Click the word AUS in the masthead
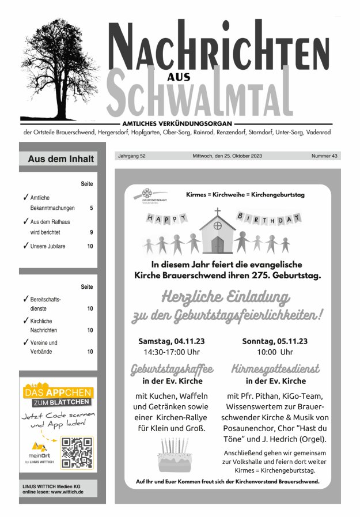tap(179, 76)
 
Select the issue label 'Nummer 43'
tap(324, 156)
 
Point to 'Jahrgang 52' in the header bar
tap(131, 156)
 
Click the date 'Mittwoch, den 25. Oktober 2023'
tap(228, 156)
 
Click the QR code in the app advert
tap(77, 452)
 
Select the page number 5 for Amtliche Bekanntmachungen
tap(92, 207)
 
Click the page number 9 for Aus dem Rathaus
tap(91, 232)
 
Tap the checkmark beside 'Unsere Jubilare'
tap(25, 246)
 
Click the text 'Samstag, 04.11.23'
tap(171, 341)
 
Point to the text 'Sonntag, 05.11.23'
tap(275, 341)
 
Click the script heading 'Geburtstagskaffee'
tap(172, 368)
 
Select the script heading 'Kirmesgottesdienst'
tap(275, 368)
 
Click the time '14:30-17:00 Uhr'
tap(172, 352)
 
